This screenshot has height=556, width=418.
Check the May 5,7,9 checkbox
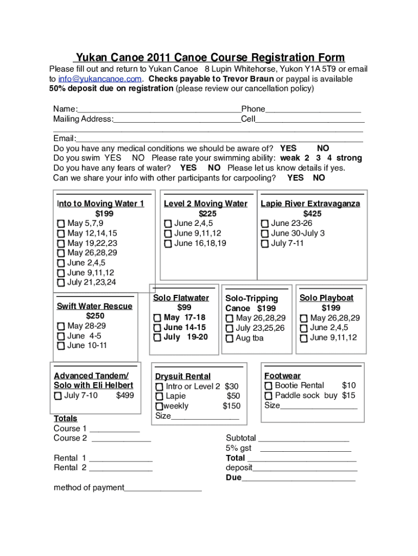[x=61, y=224]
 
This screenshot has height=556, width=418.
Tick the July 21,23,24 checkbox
[x=61, y=283]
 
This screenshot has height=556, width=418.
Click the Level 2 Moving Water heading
[x=205, y=204]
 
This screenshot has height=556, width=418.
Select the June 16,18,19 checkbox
[x=168, y=244]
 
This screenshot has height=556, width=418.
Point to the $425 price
[x=312, y=213]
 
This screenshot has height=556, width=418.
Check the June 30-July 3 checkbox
[x=265, y=233]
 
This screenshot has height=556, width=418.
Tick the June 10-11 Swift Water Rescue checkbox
[x=61, y=346]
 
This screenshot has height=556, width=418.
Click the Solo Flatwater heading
[x=181, y=298]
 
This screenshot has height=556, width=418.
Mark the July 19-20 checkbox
[x=157, y=338]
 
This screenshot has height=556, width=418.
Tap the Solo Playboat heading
[x=326, y=298]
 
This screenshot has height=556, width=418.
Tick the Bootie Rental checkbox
[x=269, y=386]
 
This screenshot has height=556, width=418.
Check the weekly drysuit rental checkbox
[x=159, y=406]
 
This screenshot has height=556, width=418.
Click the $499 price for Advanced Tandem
[x=125, y=395]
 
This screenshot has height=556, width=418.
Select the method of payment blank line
[x=163, y=488]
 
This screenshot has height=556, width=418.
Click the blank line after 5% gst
[x=306, y=448]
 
